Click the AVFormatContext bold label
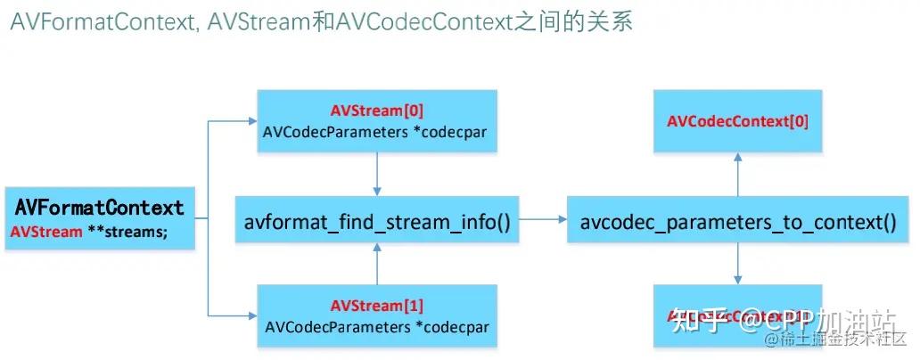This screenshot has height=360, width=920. (99, 208)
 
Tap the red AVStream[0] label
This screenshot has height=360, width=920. (377, 111)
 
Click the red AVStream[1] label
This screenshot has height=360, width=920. (377, 306)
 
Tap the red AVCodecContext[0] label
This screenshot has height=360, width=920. (737, 120)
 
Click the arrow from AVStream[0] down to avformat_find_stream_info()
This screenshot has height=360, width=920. (378, 173)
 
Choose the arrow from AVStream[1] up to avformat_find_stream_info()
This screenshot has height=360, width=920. (378, 264)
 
